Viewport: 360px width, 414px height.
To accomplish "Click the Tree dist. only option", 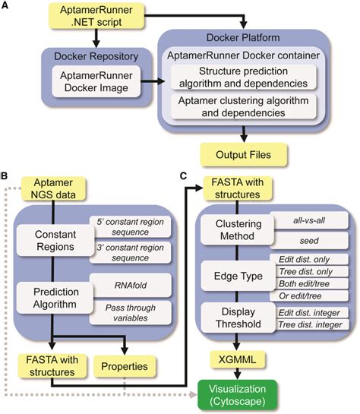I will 311,272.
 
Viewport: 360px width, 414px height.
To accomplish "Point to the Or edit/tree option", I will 311,295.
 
